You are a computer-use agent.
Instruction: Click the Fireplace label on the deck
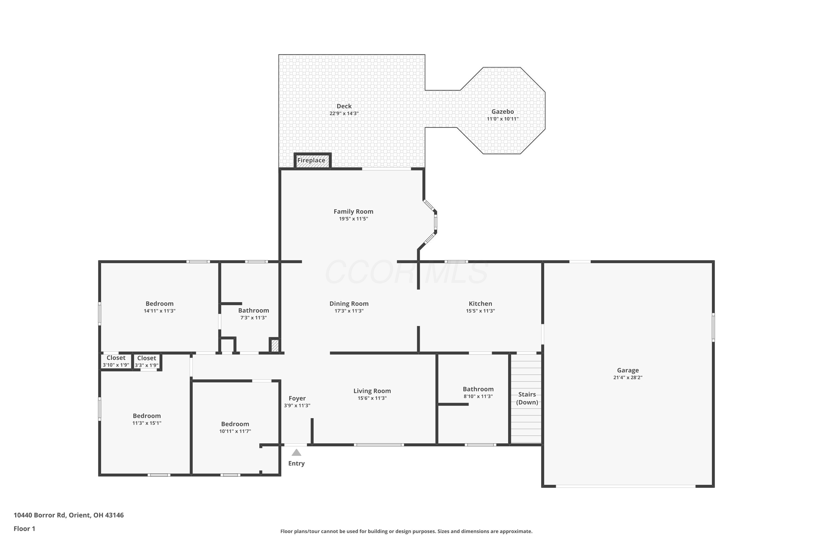(x=311, y=160)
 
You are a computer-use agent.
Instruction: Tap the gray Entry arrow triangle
(x=296, y=453)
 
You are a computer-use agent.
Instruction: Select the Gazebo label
(x=503, y=112)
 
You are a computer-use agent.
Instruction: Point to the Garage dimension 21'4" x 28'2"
(x=628, y=378)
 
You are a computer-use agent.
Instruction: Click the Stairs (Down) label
(x=527, y=398)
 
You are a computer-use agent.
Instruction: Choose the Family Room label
(x=353, y=212)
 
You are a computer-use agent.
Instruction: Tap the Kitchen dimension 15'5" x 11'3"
(x=480, y=311)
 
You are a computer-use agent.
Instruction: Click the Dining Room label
(x=349, y=304)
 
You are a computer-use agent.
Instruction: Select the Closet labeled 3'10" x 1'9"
(x=116, y=361)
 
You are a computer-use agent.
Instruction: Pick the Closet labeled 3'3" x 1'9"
(x=147, y=362)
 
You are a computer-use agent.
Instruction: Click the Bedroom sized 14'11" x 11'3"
(x=159, y=307)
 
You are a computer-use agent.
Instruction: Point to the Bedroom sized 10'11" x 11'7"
(x=235, y=427)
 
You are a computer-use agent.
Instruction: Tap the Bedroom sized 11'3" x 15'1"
(x=147, y=419)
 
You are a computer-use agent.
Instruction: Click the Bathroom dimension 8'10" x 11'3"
(x=478, y=396)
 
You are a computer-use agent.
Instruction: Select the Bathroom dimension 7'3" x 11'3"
(x=253, y=318)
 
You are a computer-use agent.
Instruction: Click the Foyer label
(x=297, y=399)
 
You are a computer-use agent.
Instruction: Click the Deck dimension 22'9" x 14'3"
(x=344, y=113)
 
